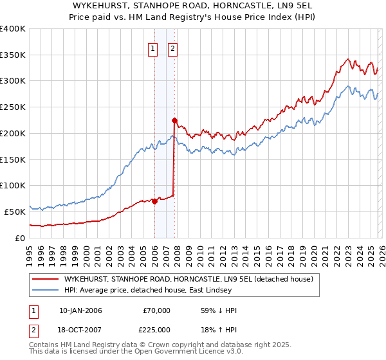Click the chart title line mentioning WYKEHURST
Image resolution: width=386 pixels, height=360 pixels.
click(193, 6)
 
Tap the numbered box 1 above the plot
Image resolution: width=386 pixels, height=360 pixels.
click(153, 48)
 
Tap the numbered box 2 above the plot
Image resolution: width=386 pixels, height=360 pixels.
click(173, 48)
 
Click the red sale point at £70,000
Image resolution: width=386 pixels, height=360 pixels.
click(154, 201)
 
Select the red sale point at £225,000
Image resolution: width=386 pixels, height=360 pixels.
click(174, 120)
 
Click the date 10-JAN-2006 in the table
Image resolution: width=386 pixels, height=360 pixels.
click(80, 310)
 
